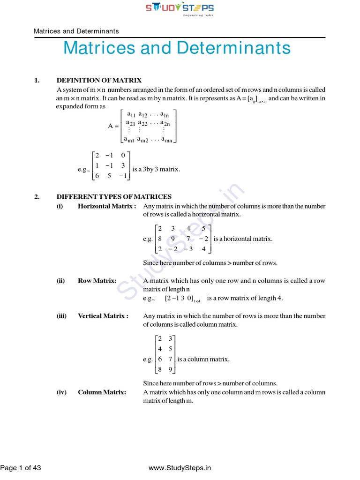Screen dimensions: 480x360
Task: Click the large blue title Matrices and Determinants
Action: (177, 48)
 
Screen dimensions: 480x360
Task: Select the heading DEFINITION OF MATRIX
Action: (99, 81)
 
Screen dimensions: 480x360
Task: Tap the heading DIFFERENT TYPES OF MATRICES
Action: (114, 197)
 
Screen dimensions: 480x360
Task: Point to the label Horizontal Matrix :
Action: (107, 206)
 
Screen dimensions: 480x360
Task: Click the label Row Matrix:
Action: (97, 281)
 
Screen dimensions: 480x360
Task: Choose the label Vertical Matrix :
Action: (103, 316)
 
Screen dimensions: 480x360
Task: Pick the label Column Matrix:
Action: (102, 392)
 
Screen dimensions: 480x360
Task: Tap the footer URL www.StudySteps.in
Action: (180, 468)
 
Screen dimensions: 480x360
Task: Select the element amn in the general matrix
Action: (167, 140)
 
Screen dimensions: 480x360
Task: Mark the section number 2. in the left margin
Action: (37, 197)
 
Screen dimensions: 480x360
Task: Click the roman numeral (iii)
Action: (62, 316)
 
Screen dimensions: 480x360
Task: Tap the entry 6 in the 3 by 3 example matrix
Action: (97, 176)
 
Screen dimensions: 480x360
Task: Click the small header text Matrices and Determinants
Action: (76, 31)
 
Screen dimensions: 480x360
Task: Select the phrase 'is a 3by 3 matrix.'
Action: (156, 169)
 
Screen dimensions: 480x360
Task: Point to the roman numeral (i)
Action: (60, 206)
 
